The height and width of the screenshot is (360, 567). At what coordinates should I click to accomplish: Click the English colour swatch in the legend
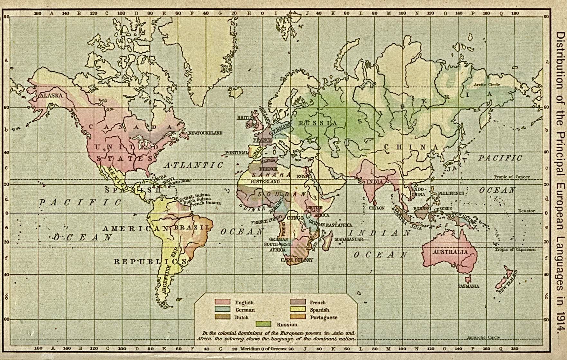pyautogui.click(x=223, y=302)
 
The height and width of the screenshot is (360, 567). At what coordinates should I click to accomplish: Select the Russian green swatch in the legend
pyautogui.click(x=263, y=324)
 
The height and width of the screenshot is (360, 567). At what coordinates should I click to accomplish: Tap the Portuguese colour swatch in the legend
pyautogui.click(x=298, y=317)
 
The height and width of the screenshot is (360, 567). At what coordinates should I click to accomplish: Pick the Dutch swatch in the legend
pyautogui.click(x=223, y=317)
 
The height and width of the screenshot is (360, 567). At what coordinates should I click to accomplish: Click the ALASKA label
pyautogui.click(x=51, y=95)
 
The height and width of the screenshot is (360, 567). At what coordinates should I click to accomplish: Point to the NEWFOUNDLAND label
pyautogui.click(x=205, y=133)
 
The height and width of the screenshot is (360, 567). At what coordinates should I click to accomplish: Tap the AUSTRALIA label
pyautogui.click(x=450, y=252)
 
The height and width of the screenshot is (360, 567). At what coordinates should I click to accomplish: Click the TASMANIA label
pyautogui.click(x=469, y=286)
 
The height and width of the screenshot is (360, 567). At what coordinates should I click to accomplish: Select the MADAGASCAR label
pyautogui.click(x=349, y=239)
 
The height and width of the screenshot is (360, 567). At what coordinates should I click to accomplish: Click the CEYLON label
pyautogui.click(x=377, y=208)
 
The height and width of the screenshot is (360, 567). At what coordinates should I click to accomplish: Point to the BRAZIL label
pyautogui.click(x=192, y=227)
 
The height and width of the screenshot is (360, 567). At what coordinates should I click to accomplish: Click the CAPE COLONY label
pyautogui.click(x=297, y=260)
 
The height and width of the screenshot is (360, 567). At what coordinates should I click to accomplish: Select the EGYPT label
pyautogui.click(x=304, y=176)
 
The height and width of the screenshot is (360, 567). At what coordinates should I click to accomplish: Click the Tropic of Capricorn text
pyautogui.click(x=515, y=249)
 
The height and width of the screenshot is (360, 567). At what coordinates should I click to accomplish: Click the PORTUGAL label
pyautogui.click(x=236, y=153)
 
